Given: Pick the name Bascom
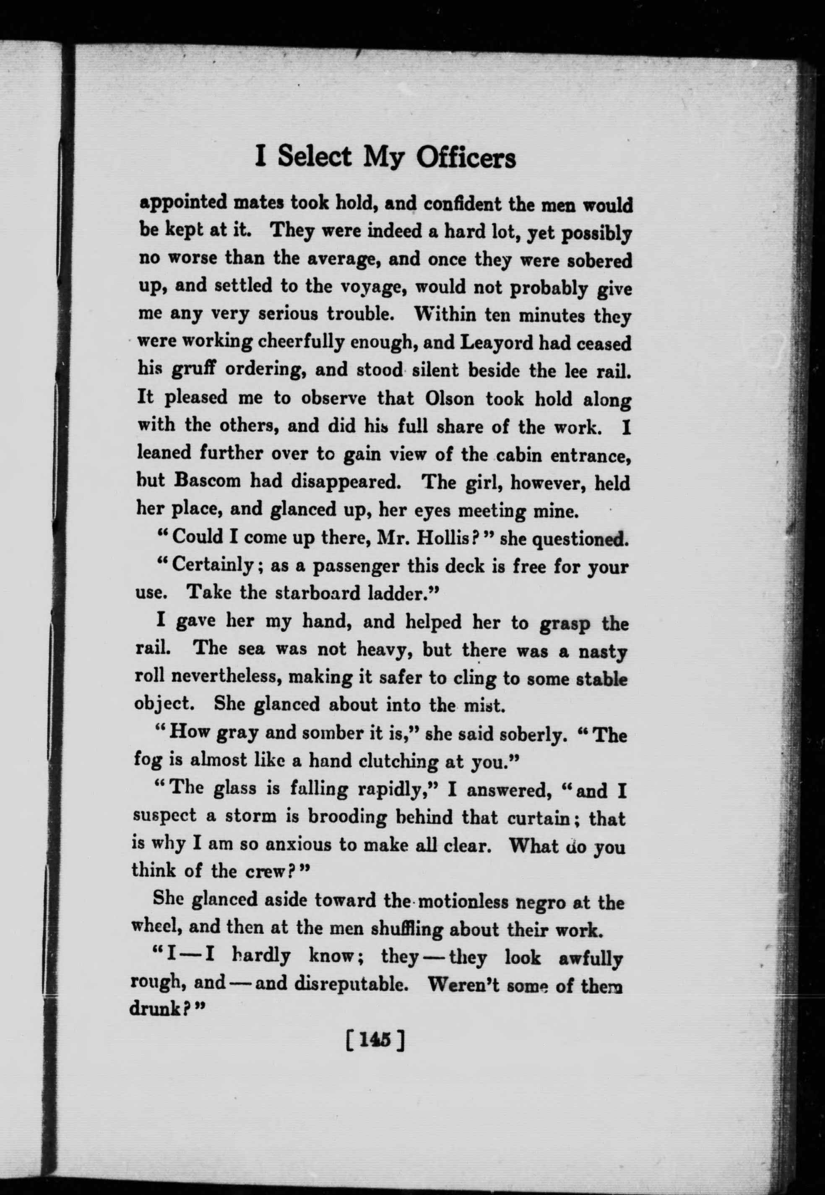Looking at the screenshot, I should tap(208, 481).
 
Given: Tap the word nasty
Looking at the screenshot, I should tap(602, 652).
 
